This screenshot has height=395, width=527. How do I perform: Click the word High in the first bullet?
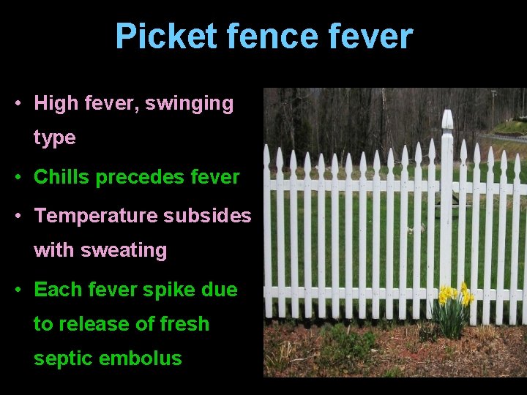click(x=56, y=104)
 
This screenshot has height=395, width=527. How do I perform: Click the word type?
click(x=54, y=138)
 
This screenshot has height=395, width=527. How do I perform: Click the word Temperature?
click(x=96, y=217)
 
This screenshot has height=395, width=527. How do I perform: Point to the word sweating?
click(x=124, y=250)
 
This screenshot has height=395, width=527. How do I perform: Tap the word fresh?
click(x=183, y=324)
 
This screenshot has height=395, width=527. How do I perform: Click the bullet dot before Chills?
click(x=18, y=178)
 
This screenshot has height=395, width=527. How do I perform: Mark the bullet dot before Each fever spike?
click(x=18, y=290)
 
